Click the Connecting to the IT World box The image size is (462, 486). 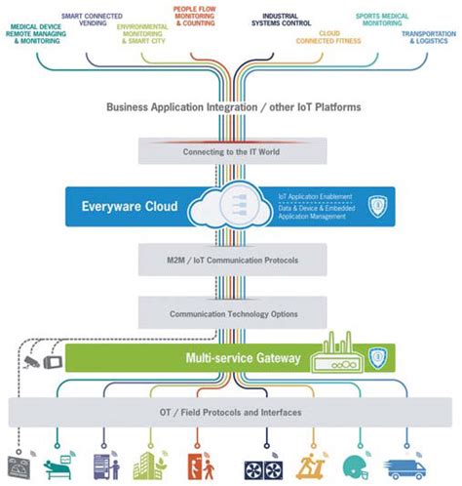230,152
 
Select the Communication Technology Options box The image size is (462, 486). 230,314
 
